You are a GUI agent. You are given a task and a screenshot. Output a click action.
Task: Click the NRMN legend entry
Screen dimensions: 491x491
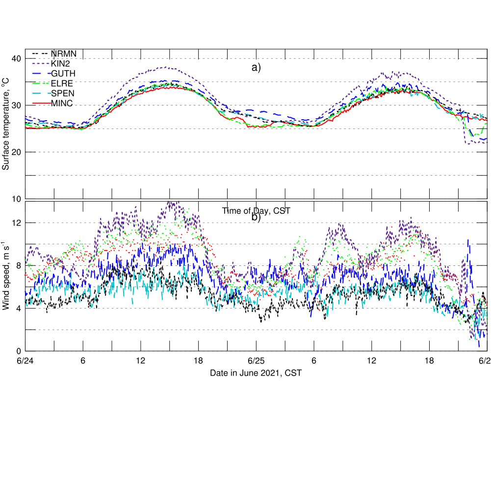point(63,53)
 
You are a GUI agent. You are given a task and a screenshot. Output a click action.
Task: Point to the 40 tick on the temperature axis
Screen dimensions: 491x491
point(17,59)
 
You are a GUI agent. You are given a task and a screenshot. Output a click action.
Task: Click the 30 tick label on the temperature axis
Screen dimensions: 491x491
point(17,105)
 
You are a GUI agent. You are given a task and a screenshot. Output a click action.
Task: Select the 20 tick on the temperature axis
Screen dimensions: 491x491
point(17,152)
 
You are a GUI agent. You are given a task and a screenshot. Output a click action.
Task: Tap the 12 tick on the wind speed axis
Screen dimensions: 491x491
point(17,223)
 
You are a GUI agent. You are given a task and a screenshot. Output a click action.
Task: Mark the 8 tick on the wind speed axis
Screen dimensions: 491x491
point(19,266)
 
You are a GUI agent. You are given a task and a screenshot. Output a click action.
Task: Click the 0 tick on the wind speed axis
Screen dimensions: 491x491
point(19,351)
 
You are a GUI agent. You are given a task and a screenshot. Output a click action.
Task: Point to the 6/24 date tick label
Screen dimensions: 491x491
point(26,361)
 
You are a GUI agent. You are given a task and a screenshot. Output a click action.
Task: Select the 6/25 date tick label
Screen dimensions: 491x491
point(256,361)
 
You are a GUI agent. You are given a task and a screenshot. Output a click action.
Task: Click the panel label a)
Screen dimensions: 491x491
point(257,68)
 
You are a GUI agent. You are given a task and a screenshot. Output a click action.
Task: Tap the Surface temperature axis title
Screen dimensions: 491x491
point(6,125)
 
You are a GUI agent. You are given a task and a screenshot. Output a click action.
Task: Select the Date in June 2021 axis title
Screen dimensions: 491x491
point(256,373)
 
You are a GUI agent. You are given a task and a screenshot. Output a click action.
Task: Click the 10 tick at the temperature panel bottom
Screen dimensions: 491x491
point(17,199)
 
